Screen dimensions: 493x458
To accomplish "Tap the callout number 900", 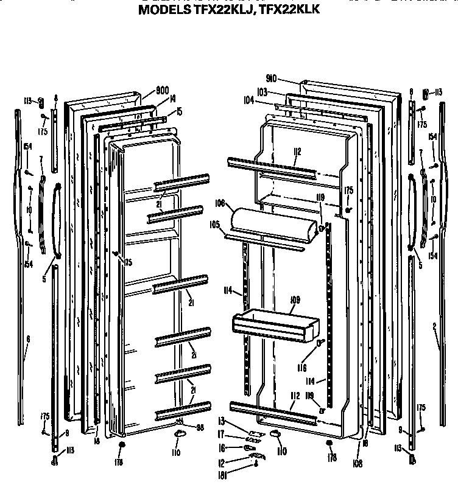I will coord(162,91).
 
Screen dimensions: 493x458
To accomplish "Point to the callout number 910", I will coord(288,79).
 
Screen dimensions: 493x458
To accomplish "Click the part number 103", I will coord(262,92).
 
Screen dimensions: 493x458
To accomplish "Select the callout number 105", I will coord(214,225).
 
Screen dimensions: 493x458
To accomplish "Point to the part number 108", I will coord(357,464).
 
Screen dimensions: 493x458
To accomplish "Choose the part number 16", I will coord(222,447).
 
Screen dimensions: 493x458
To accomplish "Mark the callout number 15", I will coord(178,111).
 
